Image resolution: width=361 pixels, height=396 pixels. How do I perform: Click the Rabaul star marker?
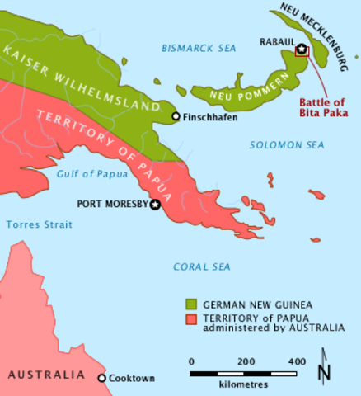click(302, 49)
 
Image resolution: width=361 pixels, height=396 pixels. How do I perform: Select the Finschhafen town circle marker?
click(176, 116)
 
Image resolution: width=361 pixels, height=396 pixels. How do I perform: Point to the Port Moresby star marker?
click(155, 203)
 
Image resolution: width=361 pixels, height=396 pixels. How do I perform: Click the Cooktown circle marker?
click(102, 378)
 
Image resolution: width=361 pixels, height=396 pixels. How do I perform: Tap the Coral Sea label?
click(200, 266)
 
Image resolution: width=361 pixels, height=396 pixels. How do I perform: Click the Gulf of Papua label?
click(88, 173)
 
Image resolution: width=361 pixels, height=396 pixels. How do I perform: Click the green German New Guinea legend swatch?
click(190, 303)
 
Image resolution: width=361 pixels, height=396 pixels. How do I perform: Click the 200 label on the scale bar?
click(245, 361)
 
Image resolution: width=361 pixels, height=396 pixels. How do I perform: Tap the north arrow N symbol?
click(324, 370)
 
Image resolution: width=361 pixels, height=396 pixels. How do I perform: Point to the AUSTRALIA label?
click(46, 375)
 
